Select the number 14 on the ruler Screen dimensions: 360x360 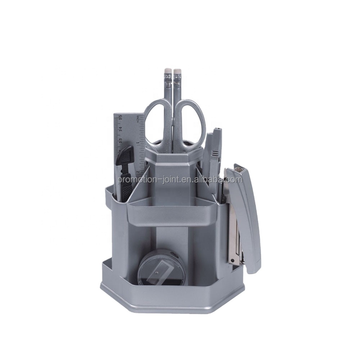120,129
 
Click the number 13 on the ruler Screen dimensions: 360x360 120,139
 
